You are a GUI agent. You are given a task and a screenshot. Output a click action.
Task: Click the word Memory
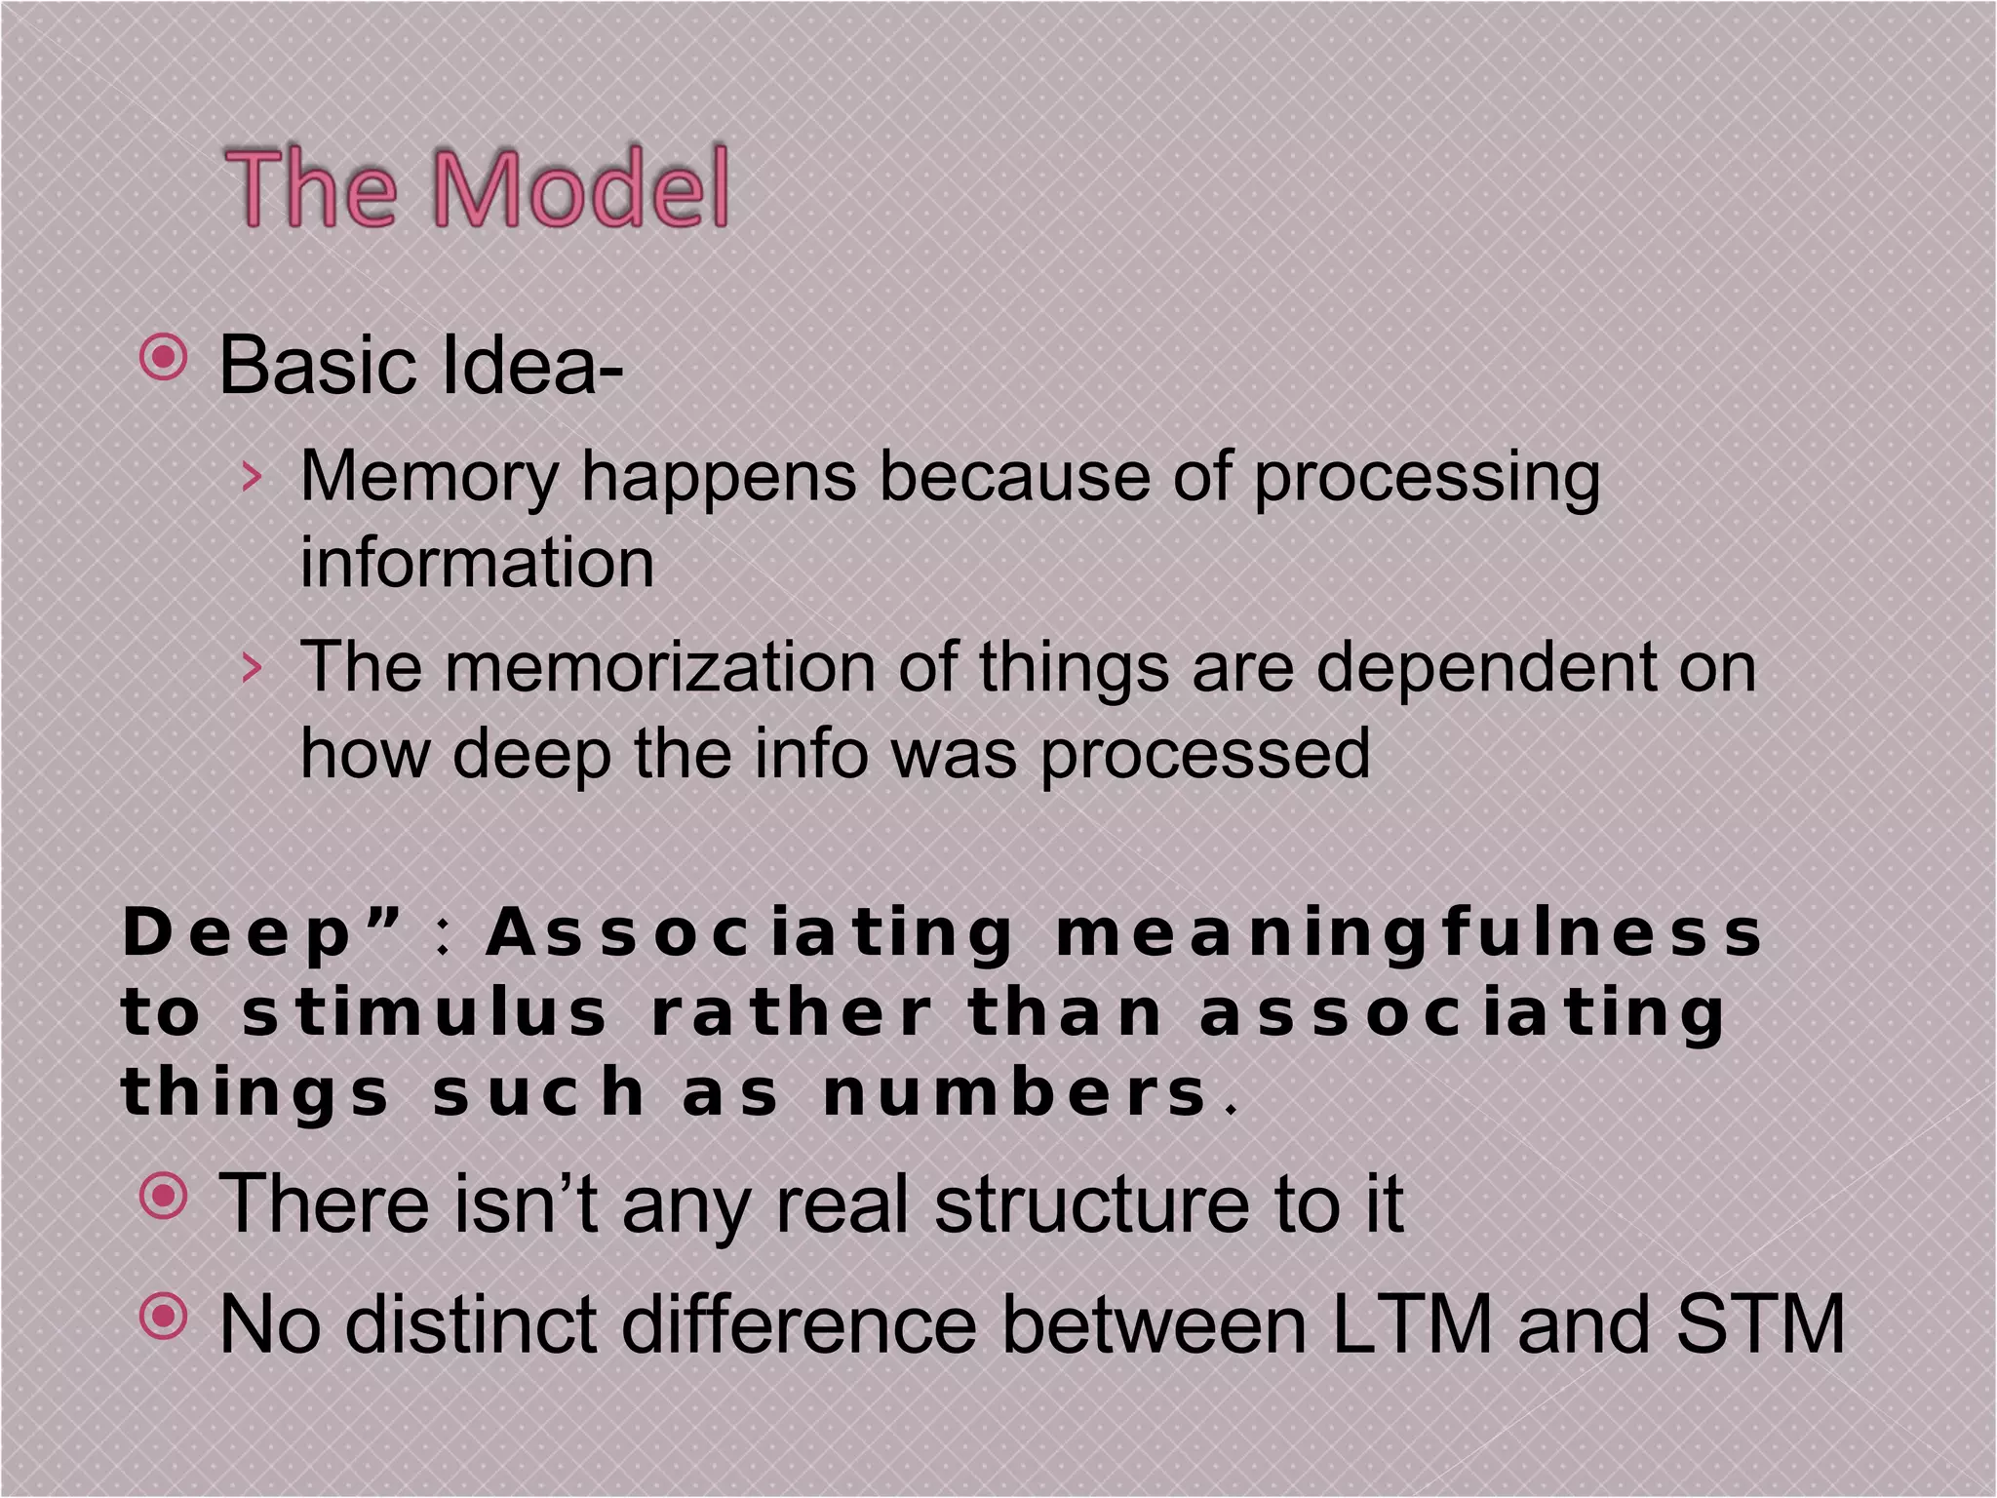[x=429, y=478]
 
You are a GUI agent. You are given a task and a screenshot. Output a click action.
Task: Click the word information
[x=476, y=564]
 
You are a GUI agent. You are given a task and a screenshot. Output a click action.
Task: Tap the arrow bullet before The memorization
[x=252, y=667]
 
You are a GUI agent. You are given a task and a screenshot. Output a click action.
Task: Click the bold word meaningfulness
[x=1408, y=932]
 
